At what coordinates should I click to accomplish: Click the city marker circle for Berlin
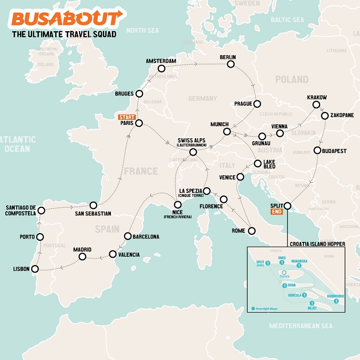[x=232, y=64]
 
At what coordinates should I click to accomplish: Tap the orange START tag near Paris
[x=128, y=117]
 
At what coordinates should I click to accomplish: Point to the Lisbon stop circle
[x=35, y=269]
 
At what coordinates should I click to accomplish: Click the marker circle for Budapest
[x=317, y=150]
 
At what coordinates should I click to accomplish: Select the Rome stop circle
[x=252, y=231]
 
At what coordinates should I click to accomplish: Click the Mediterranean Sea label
[x=301, y=326]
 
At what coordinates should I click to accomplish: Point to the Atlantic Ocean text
[x=18, y=144]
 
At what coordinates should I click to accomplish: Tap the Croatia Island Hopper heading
[x=317, y=244]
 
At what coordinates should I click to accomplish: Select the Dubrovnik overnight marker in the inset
[x=336, y=301]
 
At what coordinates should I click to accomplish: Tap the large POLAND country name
[x=291, y=80]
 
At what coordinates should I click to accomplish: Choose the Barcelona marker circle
[x=128, y=236]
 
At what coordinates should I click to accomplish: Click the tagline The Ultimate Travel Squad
[x=64, y=35]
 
